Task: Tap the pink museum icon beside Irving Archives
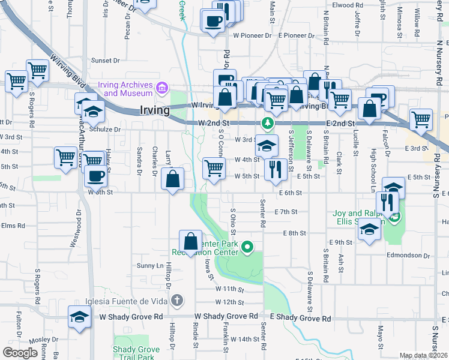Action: tap(161, 89)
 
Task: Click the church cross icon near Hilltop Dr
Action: tap(176, 300)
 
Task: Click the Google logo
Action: tap(20, 353)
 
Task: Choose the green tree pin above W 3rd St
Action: tap(268, 124)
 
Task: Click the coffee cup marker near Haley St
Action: tap(96, 176)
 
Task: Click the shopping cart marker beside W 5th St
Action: tap(214, 169)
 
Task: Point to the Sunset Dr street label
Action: tap(106, 60)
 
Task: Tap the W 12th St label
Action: tap(229, 302)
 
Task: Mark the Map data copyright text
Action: tap(423, 355)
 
